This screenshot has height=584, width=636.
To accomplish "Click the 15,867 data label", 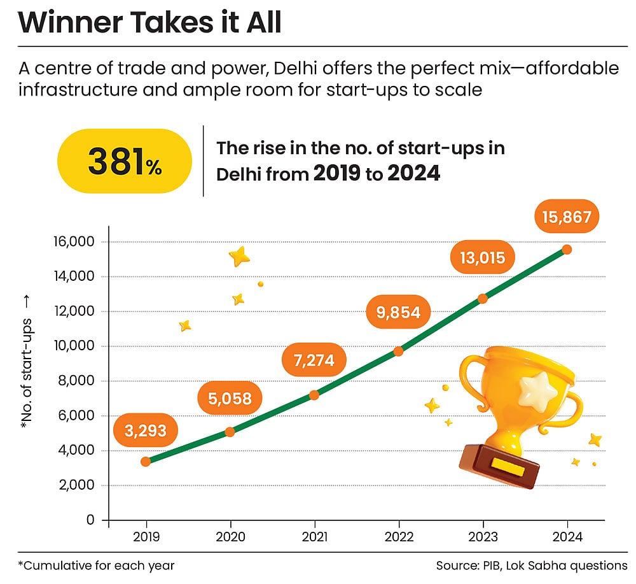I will [x=567, y=217].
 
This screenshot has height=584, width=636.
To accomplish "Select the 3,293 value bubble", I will [x=144, y=431].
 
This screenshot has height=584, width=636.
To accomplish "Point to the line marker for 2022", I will [x=398, y=351].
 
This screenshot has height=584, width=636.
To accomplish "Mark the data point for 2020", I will [x=230, y=432].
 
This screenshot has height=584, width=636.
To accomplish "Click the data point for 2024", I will [x=567, y=249].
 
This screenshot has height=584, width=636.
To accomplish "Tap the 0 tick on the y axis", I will [x=90, y=520].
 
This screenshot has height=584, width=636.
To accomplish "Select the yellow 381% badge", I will [x=125, y=162].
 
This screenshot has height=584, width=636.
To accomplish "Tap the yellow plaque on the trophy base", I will [x=507, y=467].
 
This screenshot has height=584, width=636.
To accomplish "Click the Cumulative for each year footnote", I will [x=96, y=565].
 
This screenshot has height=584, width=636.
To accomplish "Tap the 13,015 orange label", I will [x=482, y=257].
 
